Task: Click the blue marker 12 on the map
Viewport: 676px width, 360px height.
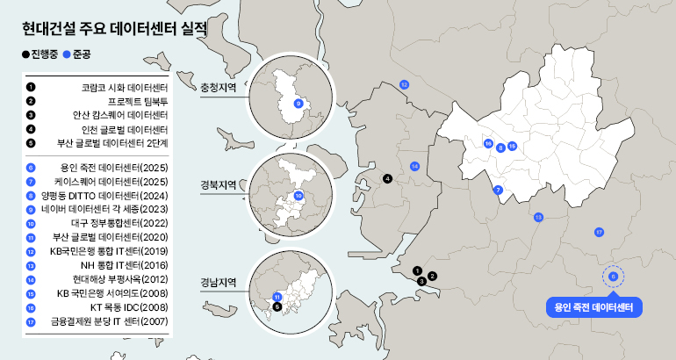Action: pos(404,84)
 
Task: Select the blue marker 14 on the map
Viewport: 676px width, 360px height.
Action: pos(414,166)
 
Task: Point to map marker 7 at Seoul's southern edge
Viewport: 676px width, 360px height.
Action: pos(498,190)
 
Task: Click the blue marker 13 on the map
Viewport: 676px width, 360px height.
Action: pos(538,217)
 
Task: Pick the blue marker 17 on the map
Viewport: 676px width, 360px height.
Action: pos(599,233)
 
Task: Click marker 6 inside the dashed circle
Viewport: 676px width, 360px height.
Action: pos(613,277)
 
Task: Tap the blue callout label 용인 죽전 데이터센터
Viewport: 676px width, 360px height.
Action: pos(593,307)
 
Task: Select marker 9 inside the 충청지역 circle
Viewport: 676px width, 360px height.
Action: pos(298,104)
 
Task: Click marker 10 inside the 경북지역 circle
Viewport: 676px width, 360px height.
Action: pos(298,196)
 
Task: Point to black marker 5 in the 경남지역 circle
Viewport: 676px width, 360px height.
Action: pos(277,306)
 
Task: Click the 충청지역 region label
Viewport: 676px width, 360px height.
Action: pos(219,88)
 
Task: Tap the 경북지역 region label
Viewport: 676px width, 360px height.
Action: pos(219,185)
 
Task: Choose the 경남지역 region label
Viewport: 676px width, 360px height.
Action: pos(219,283)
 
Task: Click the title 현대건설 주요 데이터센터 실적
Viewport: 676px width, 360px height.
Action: pos(114,27)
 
